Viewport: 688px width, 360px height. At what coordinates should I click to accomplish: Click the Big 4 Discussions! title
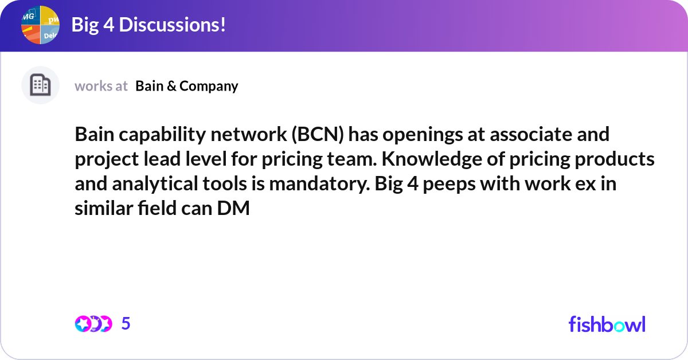coord(148,25)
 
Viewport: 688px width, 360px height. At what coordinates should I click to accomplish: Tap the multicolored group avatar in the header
coord(40,25)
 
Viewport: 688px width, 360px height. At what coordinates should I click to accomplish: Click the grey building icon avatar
coord(40,85)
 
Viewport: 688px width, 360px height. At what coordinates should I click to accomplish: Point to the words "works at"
coord(101,86)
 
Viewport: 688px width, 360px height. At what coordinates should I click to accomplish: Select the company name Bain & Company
coord(186,86)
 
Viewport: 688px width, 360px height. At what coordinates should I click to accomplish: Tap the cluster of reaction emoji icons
coord(93,324)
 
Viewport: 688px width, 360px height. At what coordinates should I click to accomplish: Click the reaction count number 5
coord(126,324)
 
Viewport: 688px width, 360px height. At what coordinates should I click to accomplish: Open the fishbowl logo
coord(607,324)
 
